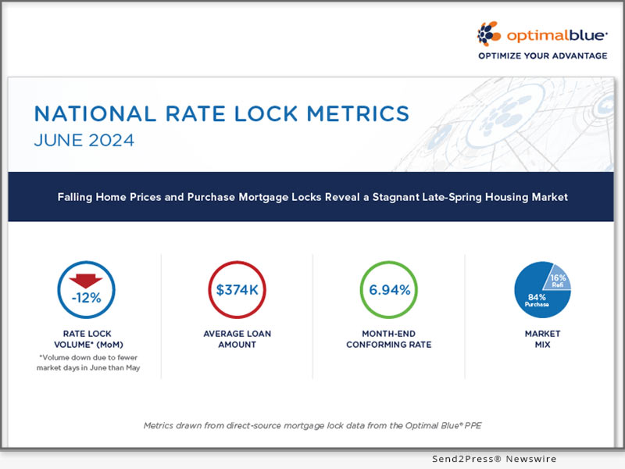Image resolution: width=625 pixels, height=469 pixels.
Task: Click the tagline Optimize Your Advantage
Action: [542, 55]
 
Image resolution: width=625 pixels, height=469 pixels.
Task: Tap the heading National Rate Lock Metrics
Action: [222, 113]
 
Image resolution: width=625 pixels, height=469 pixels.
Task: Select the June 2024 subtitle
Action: [84, 141]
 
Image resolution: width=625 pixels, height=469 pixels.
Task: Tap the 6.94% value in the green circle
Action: [390, 291]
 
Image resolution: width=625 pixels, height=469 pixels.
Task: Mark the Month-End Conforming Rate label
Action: [391, 339]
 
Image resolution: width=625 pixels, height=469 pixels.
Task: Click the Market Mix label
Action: [541, 339]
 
